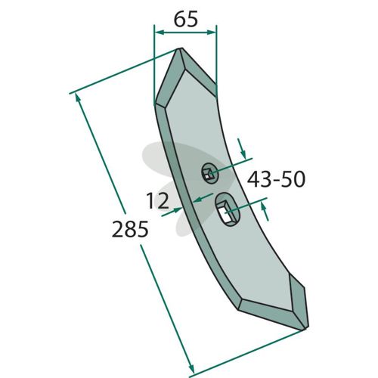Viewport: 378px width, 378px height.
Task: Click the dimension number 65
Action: [x=186, y=20]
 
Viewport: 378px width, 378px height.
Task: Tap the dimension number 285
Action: [x=130, y=229]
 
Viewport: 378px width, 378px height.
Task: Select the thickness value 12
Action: [x=157, y=200]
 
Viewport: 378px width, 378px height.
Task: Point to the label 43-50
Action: [x=276, y=179]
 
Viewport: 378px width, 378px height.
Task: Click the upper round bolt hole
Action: [x=209, y=173]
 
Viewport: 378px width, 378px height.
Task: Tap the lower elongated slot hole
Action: [x=228, y=209]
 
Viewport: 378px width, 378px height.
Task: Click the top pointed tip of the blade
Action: [x=179, y=48]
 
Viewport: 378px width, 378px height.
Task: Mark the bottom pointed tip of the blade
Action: [x=305, y=329]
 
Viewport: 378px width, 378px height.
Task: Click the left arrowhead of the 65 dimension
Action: [x=159, y=33]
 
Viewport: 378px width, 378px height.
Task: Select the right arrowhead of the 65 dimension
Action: [x=212, y=33]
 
